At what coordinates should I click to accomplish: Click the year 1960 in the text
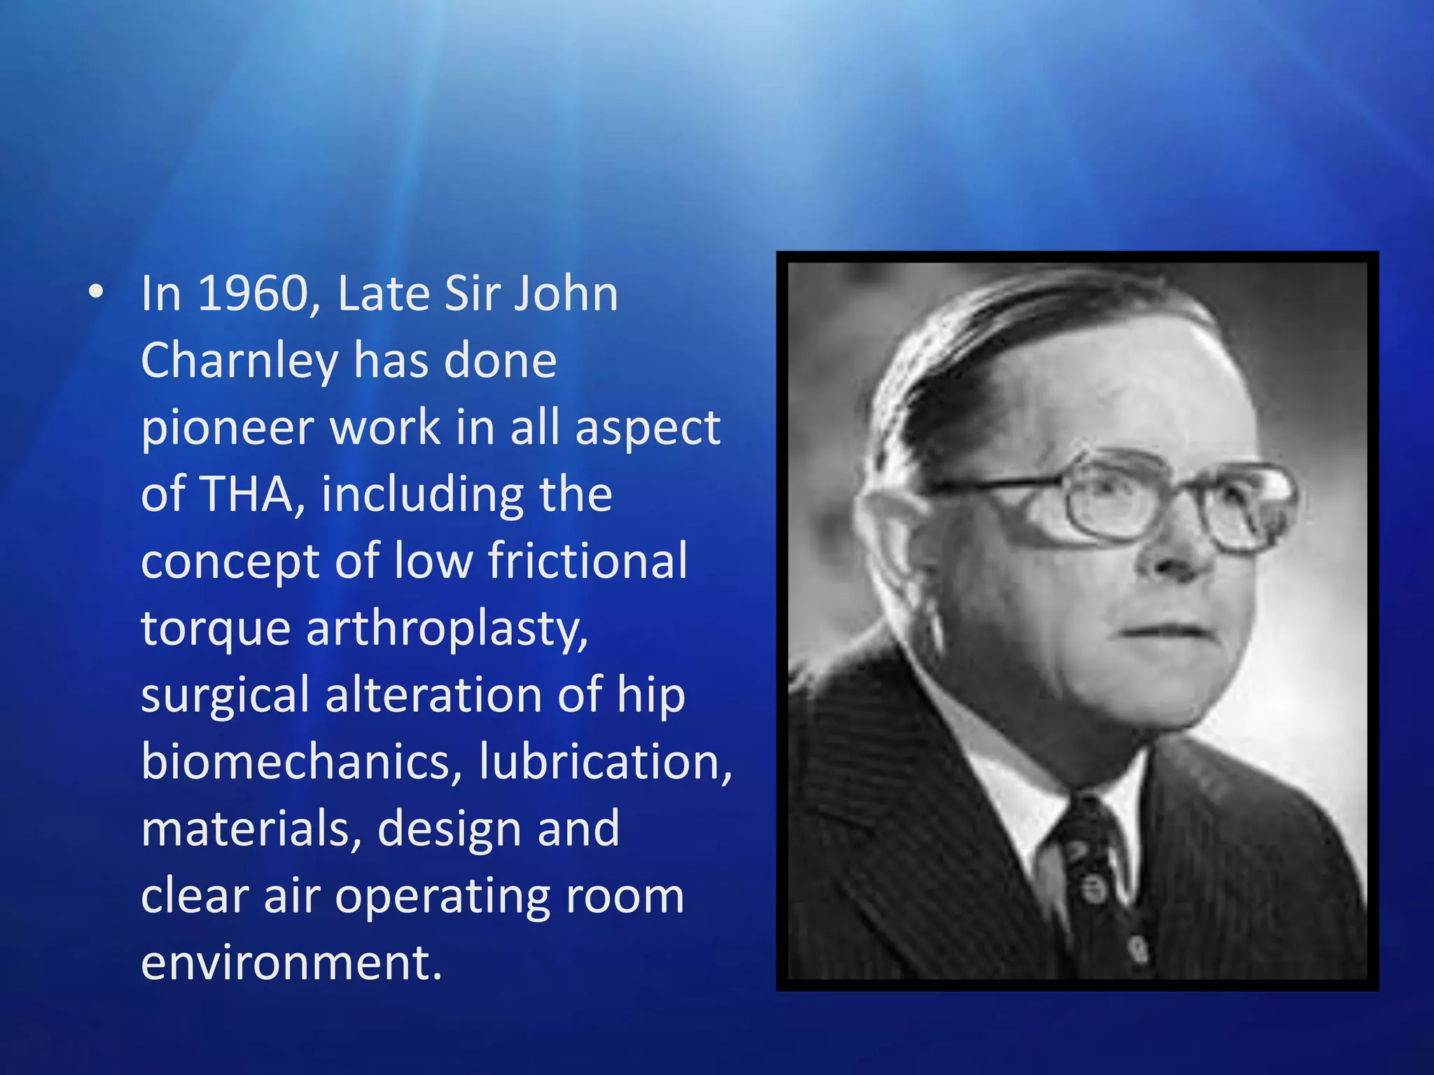click(x=254, y=294)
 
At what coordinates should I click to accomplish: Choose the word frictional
click(x=587, y=561)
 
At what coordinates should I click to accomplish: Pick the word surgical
click(x=225, y=696)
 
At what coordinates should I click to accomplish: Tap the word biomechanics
click(x=302, y=761)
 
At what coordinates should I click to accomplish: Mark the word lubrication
click(x=605, y=761)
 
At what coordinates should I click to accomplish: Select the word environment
click(x=291, y=963)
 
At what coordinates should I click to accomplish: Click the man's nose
click(x=1183, y=553)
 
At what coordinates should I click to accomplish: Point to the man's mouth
click(x=1166, y=630)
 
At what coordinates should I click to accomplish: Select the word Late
click(x=383, y=294)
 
